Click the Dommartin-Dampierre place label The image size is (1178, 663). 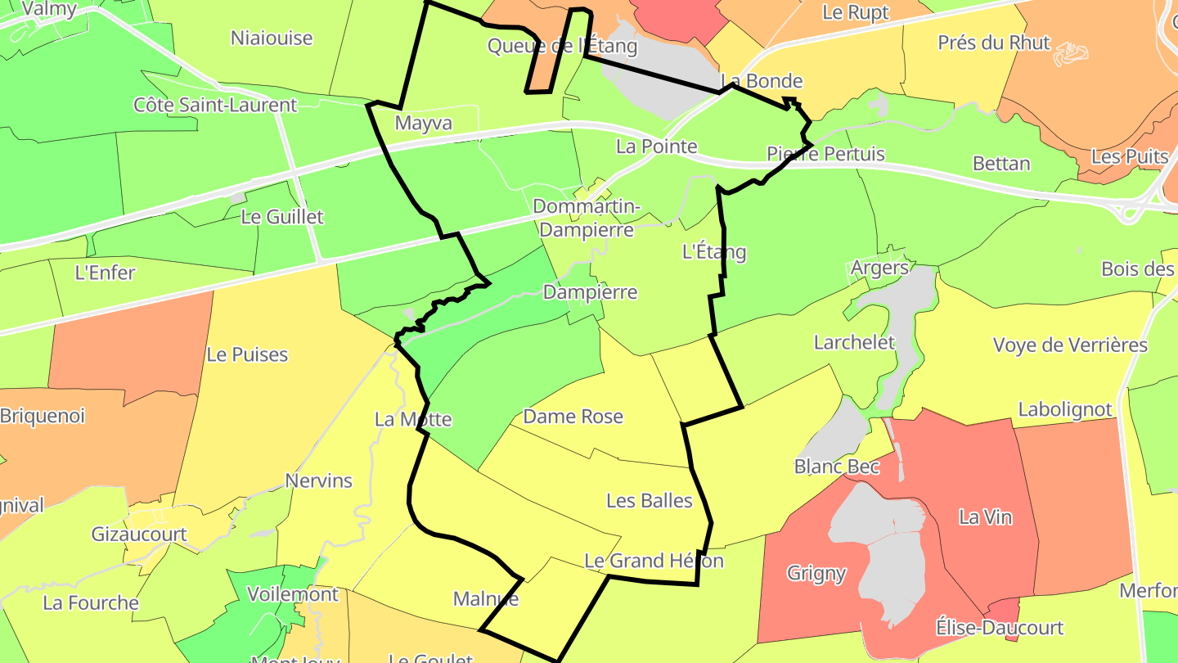[587, 219]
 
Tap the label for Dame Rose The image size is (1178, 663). [573, 417]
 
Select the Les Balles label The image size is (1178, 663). [650, 500]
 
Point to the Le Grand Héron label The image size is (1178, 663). [654, 561]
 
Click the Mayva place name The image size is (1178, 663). [423, 123]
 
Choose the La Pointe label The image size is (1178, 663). [656, 147]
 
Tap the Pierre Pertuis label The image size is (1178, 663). [825, 154]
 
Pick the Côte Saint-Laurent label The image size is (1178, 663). [215, 105]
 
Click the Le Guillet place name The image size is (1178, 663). [282, 217]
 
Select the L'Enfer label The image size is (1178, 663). [105, 273]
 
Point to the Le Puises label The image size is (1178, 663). [247, 354]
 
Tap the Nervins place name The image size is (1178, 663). [318, 480]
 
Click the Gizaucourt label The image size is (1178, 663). [139, 534]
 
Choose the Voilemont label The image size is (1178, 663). [292, 593]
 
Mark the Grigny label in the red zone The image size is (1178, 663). [816, 573]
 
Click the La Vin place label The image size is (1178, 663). [985, 517]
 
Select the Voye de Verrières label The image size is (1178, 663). [1070, 345]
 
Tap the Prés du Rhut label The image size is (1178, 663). [993, 43]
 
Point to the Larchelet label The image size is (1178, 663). [854, 342]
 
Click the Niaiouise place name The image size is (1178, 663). [272, 38]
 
